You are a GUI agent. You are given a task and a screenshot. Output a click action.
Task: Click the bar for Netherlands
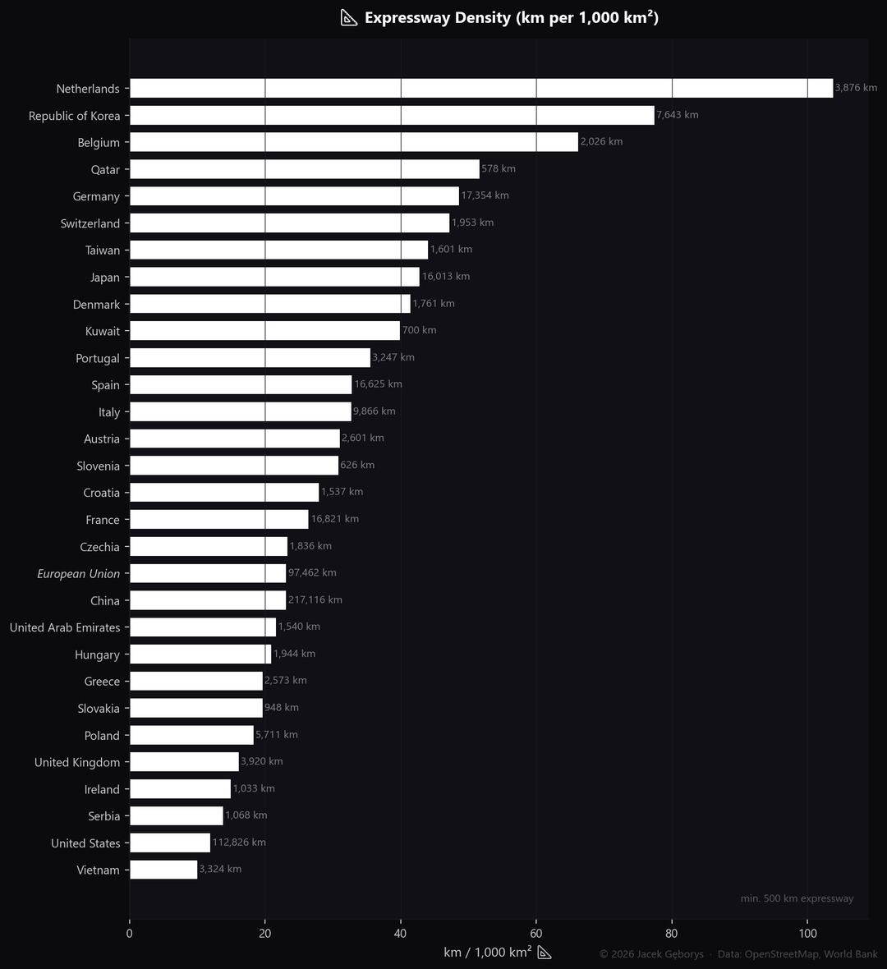pos(480,88)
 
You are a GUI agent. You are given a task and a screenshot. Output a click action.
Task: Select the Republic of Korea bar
pos(392,115)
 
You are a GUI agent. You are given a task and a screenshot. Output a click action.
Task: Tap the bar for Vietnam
pos(163,870)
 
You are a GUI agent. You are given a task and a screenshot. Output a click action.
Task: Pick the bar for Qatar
pos(304,169)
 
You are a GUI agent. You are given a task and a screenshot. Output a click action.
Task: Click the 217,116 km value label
pos(315,600)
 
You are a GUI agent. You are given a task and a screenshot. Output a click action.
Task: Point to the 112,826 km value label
pos(239,843)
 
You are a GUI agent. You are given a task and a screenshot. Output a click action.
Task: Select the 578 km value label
pos(499,169)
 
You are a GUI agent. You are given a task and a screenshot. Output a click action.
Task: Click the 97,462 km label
pos(312,573)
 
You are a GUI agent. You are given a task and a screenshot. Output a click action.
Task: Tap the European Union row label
pos(79,574)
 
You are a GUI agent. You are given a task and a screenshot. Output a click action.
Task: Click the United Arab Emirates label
pos(65,627)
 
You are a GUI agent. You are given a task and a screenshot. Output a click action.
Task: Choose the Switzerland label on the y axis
pos(90,223)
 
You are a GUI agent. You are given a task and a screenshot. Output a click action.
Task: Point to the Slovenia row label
pos(99,466)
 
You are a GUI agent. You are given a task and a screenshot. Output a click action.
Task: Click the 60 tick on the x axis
pos(536,934)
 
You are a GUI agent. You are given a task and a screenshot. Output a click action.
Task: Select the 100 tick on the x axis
pos(807,934)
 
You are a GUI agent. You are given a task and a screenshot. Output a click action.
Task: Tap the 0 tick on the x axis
pos(129,934)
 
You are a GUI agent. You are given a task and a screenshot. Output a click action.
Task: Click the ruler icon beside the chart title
pos(349,18)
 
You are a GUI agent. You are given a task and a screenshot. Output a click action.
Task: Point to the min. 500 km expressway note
pos(797,898)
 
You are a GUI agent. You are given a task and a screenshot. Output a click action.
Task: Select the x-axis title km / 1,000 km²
pos(487,953)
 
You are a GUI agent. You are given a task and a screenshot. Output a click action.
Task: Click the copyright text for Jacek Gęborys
pos(651,954)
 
